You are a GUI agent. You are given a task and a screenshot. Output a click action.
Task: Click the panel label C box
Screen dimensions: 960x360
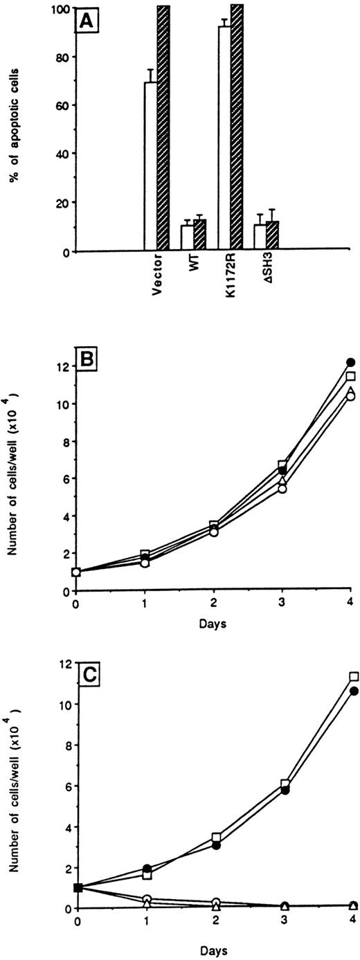pyautogui.click(x=92, y=676)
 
